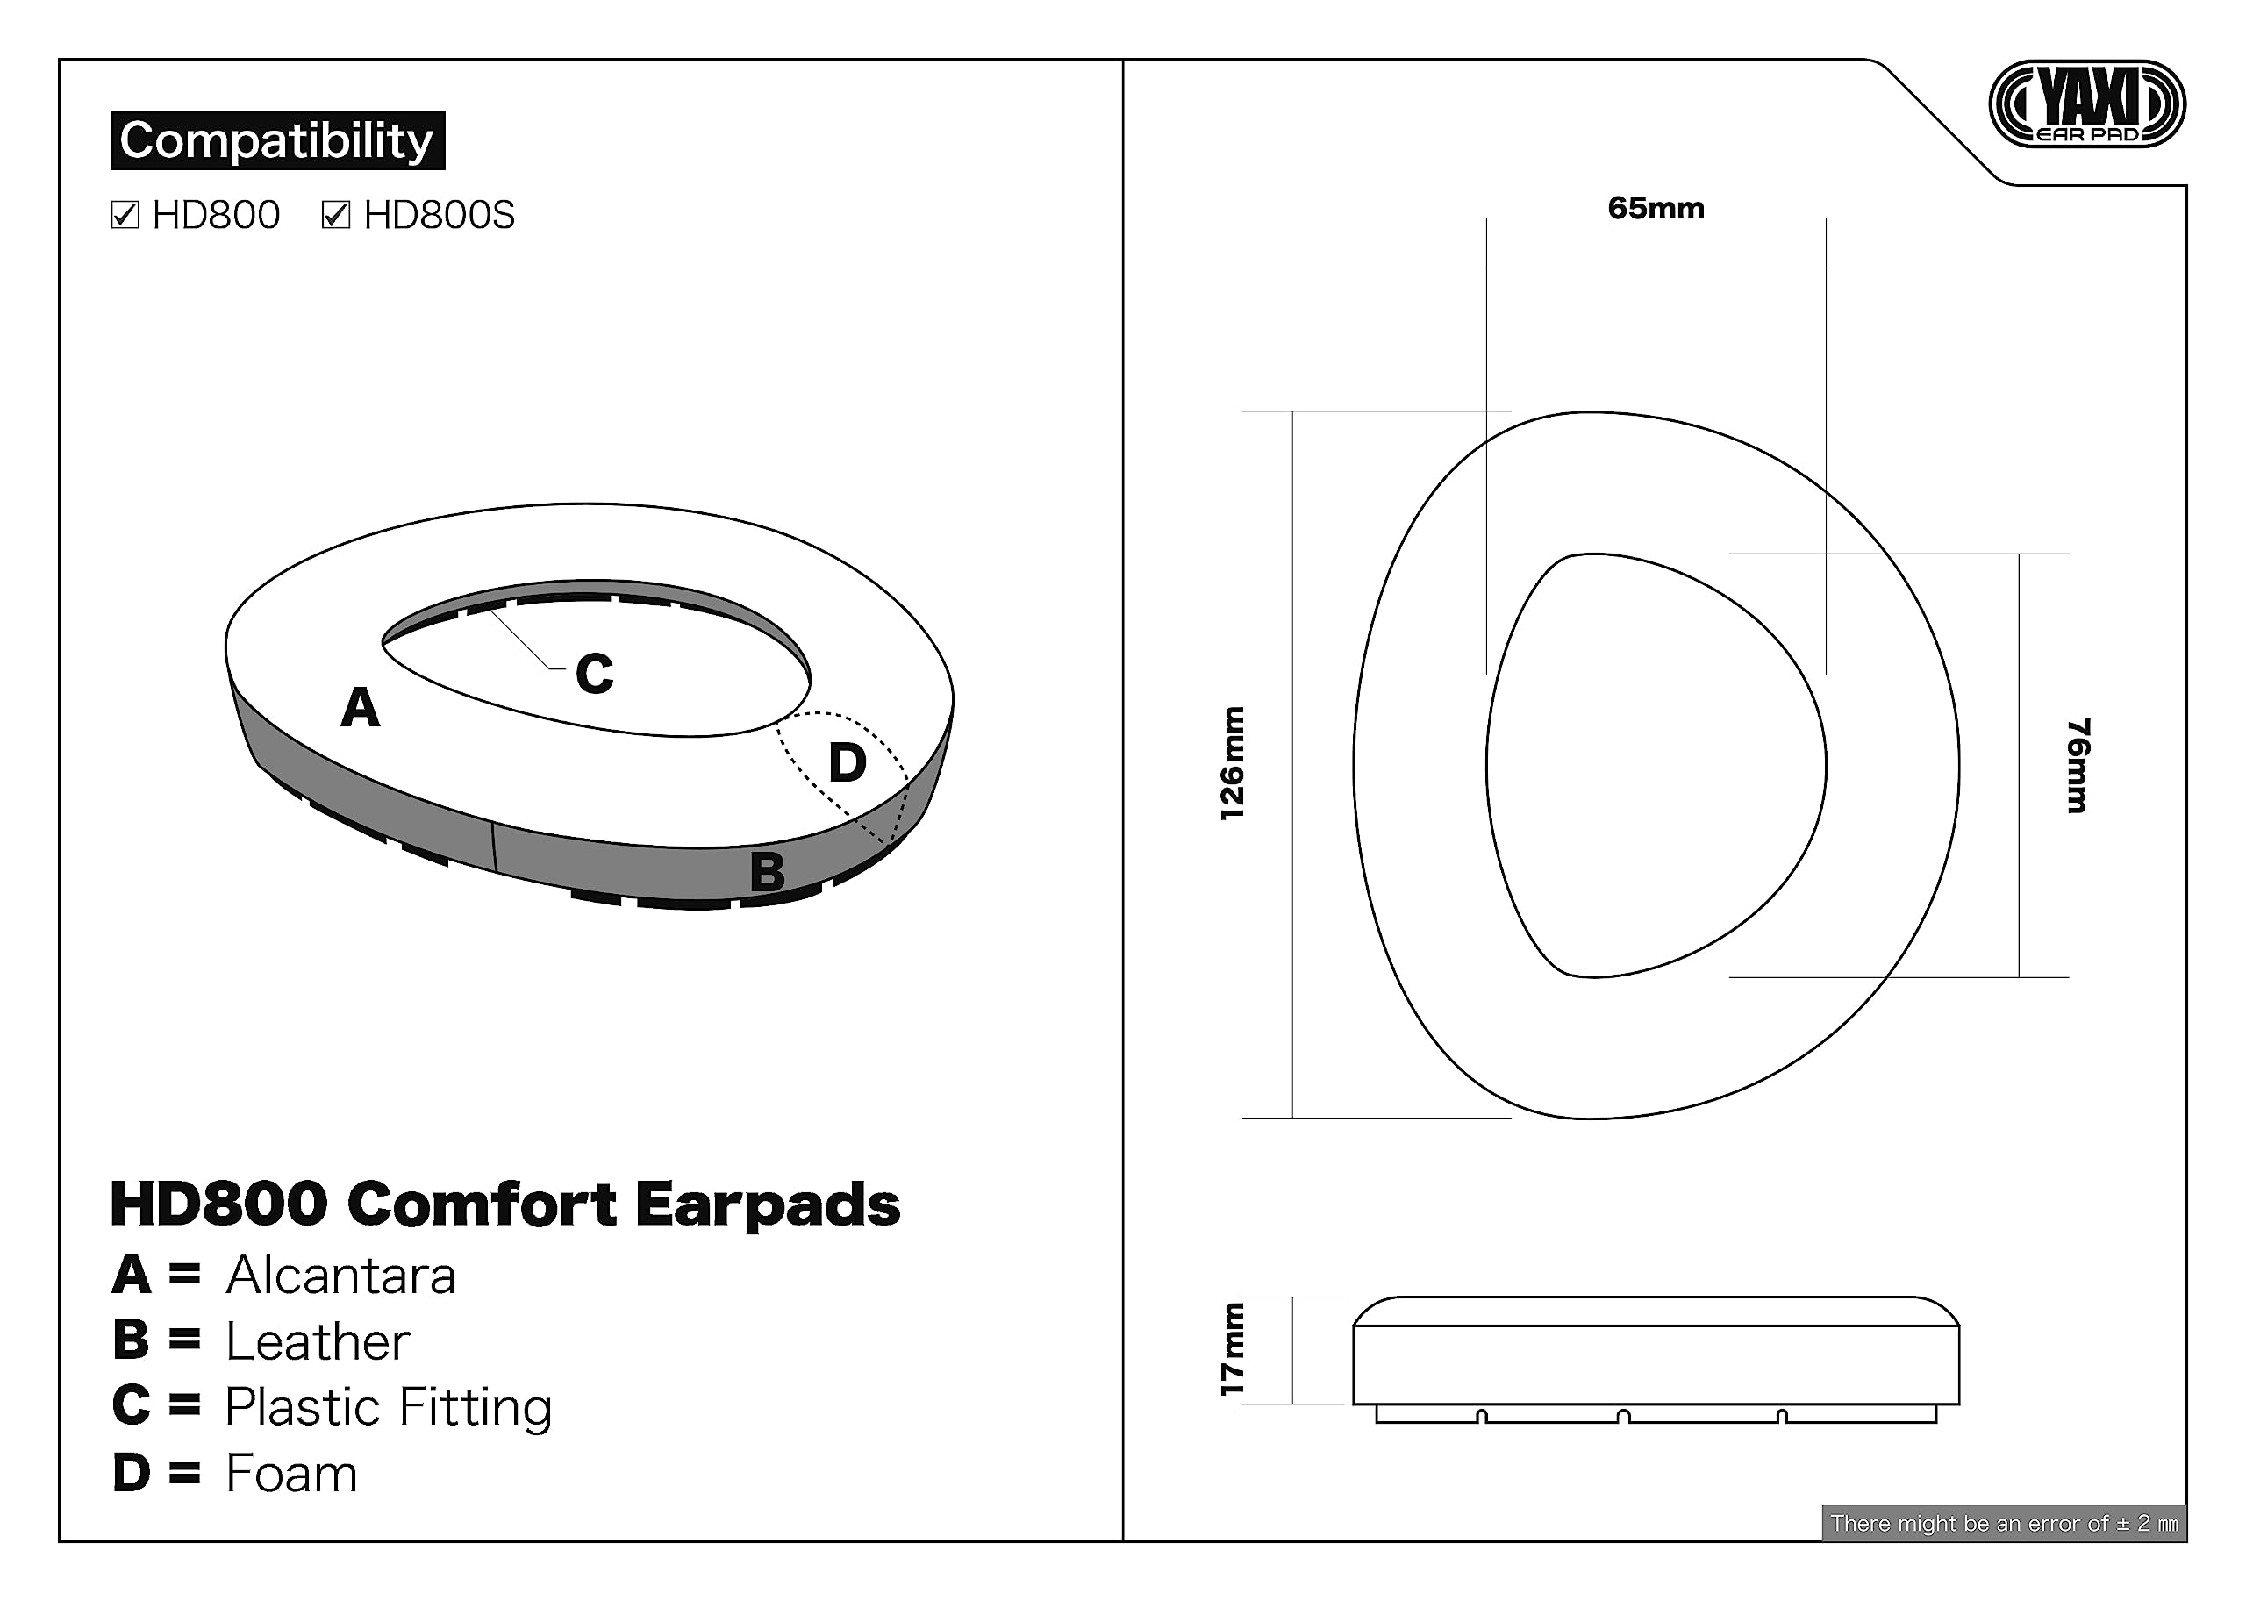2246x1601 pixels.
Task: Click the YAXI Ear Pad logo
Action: click(x=2086, y=104)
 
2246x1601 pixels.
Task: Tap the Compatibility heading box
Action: click(x=278, y=141)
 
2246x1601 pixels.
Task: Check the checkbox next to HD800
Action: click(x=125, y=214)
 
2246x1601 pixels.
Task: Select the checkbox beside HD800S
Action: click(x=336, y=214)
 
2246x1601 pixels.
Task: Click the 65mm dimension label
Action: click(x=1656, y=208)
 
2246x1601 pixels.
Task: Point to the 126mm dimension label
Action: click(x=1233, y=763)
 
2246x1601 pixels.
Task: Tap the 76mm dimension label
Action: click(x=2078, y=765)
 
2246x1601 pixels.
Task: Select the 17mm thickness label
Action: click(x=1233, y=1349)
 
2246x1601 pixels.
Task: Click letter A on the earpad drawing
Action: click(x=360, y=707)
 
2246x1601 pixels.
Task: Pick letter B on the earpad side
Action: click(x=767, y=871)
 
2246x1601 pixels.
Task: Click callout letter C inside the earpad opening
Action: click(x=595, y=675)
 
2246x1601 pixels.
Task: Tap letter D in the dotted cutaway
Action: click(x=847, y=762)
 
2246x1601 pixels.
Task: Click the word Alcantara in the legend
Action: click(x=341, y=1276)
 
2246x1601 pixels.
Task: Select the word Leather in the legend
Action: click(x=318, y=1341)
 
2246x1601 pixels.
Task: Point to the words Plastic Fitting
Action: click(x=389, y=1408)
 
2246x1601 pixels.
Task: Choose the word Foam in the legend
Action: click(x=292, y=1474)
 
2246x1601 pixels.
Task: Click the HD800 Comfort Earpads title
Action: click(x=504, y=1204)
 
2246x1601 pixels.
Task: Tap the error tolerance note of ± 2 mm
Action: click(x=2004, y=1523)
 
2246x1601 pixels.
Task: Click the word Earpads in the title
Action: click(x=768, y=1204)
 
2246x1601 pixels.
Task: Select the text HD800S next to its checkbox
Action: click(x=440, y=215)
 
